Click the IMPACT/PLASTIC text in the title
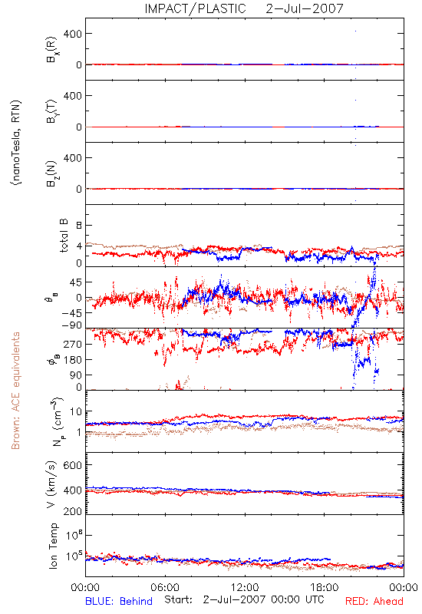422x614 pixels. (196, 8)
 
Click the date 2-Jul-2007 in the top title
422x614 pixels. (305, 8)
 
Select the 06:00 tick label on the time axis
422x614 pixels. (165, 587)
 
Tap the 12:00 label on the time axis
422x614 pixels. (245, 587)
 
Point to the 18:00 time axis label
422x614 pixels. (325, 587)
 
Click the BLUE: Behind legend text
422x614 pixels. (119, 601)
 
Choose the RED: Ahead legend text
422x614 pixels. (374, 601)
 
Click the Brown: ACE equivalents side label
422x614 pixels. (15, 391)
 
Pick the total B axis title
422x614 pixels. (64, 236)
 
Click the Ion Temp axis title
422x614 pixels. (53, 546)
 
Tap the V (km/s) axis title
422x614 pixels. (52, 484)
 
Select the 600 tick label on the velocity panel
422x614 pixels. (73, 465)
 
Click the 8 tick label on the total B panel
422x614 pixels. (79, 226)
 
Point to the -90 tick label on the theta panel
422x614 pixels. (73, 325)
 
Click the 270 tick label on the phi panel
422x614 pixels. (73, 344)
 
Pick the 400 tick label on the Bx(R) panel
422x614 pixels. (73, 34)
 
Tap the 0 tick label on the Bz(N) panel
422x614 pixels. (79, 189)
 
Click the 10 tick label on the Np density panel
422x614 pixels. (76, 411)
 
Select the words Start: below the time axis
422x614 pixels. (178, 599)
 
